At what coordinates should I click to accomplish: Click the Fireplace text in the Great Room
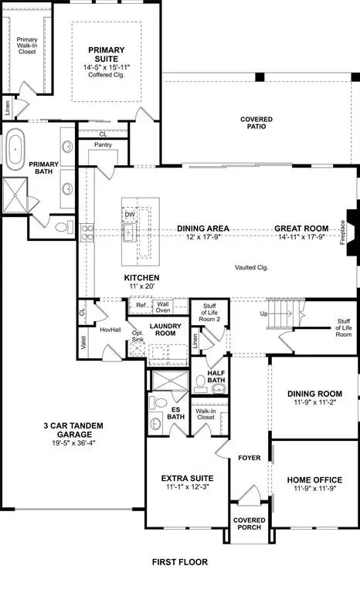coord(343,232)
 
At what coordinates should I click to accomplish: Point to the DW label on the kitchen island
coord(129,215)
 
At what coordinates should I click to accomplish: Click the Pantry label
coord(104,144)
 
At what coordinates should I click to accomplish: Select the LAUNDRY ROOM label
coord(164,330)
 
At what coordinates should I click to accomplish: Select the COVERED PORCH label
coord(249,525)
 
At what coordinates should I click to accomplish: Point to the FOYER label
coord(250,457)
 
